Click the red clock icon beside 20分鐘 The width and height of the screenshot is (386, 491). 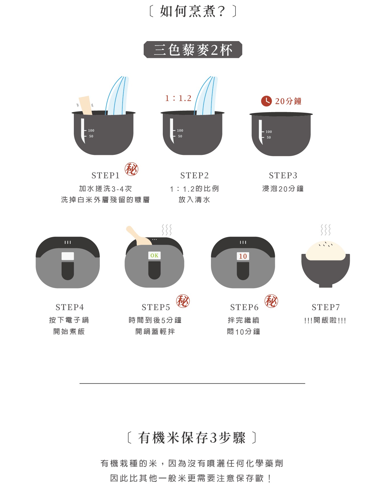[266, 101]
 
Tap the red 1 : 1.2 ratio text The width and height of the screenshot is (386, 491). [178, 98]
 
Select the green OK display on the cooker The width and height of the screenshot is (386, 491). [154, 255]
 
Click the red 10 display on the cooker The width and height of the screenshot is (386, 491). [243, 256]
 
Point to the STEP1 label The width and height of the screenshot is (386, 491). [105, 175]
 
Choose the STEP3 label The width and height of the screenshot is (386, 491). [283, 175]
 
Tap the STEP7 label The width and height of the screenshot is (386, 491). [326, 307]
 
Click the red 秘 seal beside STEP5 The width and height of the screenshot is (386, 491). [183, 301]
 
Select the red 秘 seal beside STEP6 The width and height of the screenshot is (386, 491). [271, 301]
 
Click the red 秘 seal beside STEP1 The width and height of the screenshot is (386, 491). [131, 169]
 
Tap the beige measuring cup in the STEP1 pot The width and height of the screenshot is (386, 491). [85, 105]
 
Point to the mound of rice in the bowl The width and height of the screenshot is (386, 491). [326, 251]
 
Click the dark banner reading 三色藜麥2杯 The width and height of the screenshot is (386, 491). [193, 50]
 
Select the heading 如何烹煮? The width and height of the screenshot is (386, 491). [193, 11]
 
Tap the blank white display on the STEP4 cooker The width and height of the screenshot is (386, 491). [68, 256]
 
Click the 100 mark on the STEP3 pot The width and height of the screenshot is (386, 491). [269, 132]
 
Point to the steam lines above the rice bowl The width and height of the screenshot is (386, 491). [326, 230]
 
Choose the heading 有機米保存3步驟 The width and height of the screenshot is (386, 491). [192, 438]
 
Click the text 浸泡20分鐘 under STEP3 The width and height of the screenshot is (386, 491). [283, 189]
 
